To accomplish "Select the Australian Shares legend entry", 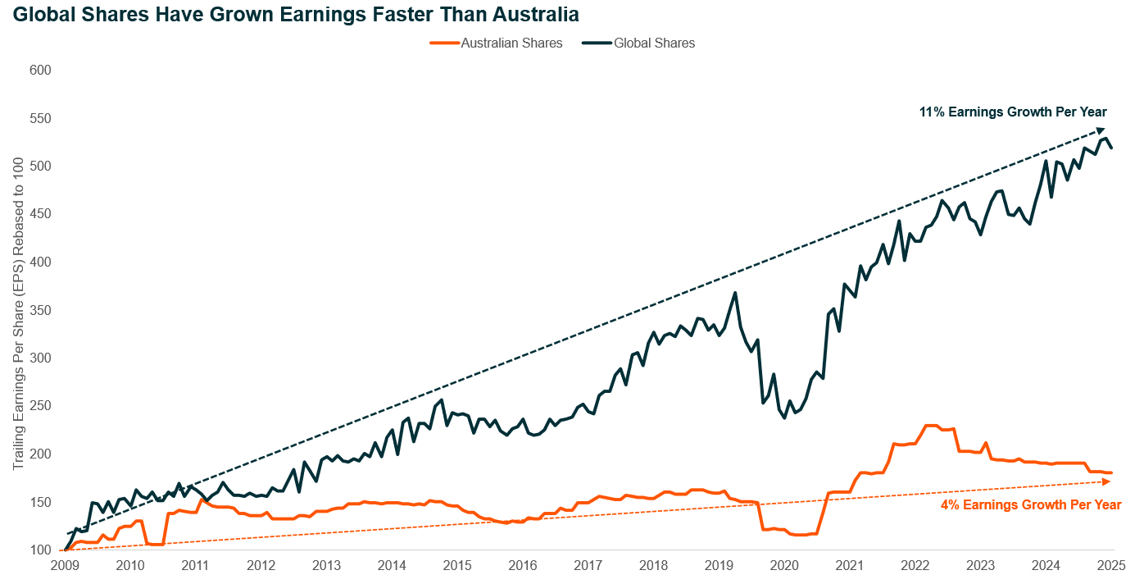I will tap(497, 43).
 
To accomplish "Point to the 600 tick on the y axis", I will tap(40, 71).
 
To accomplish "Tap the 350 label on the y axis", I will tap(40, 310).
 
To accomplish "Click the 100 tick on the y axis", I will tap(40, 550).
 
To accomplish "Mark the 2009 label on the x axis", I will tap(65, 565).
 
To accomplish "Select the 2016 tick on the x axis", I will tap(522, 565).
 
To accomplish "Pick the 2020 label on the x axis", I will tap(784, 565).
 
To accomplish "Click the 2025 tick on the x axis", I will tap(1110, 565).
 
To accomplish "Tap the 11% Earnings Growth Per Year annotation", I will tap(1013, 112).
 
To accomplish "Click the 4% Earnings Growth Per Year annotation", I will tap(1031, 505).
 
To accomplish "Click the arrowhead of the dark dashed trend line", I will tap(1101, 130).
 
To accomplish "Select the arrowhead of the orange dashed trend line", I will tap(1106, 481).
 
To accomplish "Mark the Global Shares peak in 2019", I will tap(735, 293).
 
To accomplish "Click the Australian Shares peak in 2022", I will tap(930, 426).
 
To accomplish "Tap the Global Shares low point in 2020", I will tap(784, 417).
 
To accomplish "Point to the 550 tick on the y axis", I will tap(40, 118).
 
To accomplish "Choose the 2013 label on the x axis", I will tap(326, 565).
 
